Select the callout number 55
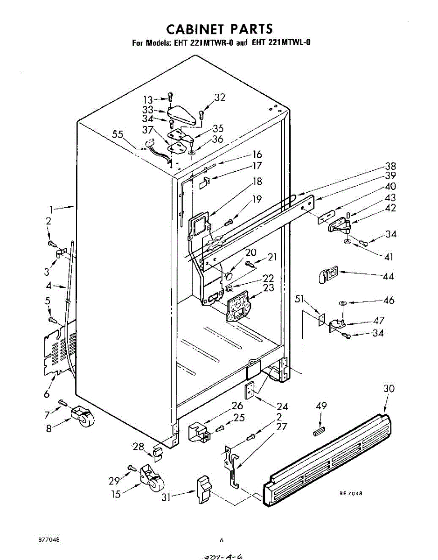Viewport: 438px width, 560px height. click(x=118, y=135)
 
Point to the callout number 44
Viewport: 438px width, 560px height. click(x=388, y=276)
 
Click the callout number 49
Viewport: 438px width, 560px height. click(x=321, y=406)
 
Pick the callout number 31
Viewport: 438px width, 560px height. click(x=167, y=497)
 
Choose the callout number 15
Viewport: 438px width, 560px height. click(x=116, y=493)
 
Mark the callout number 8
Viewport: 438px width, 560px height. click(x=49, y=428)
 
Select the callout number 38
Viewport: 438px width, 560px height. click(x=390, y=166)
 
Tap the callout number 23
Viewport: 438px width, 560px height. click(x=269, y=288)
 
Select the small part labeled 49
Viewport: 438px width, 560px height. click(x=320, y=430)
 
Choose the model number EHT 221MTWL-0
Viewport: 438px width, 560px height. click(x=281, y=43)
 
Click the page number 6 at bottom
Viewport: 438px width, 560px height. click(x=222, y=540)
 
